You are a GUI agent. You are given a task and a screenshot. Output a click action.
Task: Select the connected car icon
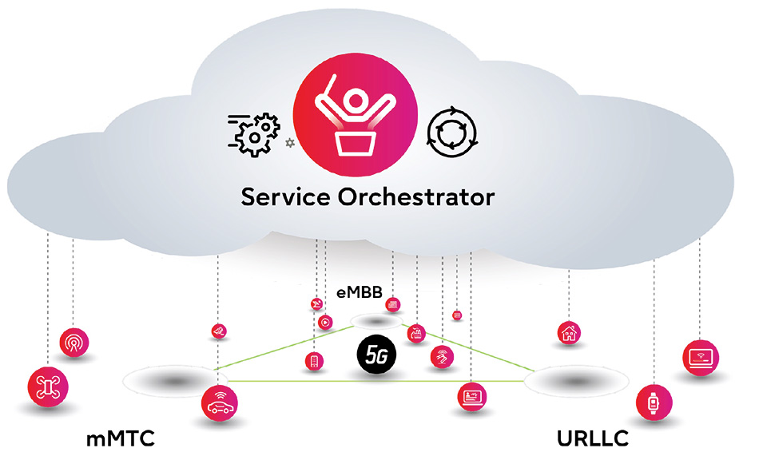(x=219, y=402)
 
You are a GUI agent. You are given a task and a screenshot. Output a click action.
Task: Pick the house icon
(x=569, y=331)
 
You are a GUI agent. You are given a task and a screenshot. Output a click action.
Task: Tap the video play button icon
(x=324, y=323)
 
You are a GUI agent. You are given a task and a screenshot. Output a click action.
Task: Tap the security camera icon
(x=217, y=331)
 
